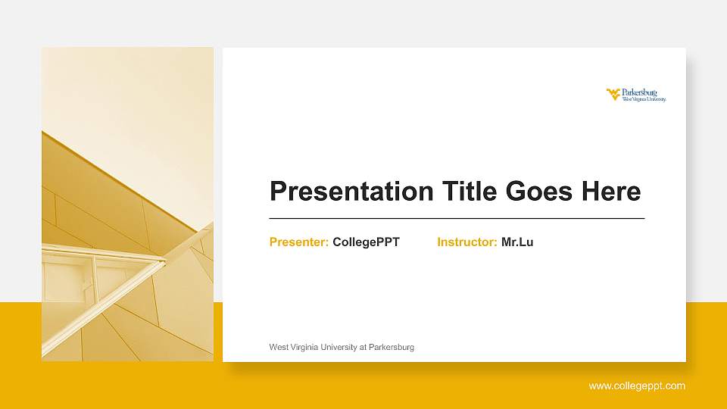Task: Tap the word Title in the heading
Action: coord(470,191)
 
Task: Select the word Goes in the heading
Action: coord(538,191)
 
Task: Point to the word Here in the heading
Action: coord(611,191)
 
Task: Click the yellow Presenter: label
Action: coord(299,242)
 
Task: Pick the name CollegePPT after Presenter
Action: coord(367,242)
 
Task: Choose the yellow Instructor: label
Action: coord(467,242)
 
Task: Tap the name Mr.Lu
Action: coord(517,242)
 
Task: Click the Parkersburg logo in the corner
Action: coord(636,95)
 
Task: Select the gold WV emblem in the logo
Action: coord(613,94)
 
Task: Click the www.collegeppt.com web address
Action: coord(637,386)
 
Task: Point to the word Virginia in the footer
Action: coord(304,348)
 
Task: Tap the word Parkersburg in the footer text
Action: coord(392,348)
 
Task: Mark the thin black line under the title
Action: coord(457,218)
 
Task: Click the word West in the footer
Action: coord(279,348)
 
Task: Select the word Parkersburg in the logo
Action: coord(639,92)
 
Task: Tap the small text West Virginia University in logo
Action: coord(644,99)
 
